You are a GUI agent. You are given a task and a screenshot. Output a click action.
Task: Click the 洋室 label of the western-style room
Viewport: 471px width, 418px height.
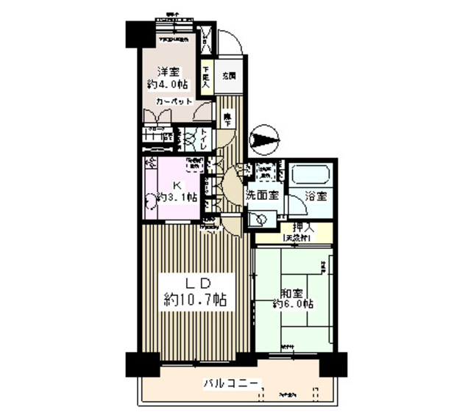tap(169, 71)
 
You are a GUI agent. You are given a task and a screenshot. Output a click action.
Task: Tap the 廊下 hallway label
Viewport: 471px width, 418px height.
tap(228, 118)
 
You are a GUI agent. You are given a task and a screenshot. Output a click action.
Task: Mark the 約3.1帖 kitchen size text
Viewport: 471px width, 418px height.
tap(177, 197)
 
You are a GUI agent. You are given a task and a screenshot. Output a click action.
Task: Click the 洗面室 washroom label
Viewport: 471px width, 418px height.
tap(261, 196)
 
